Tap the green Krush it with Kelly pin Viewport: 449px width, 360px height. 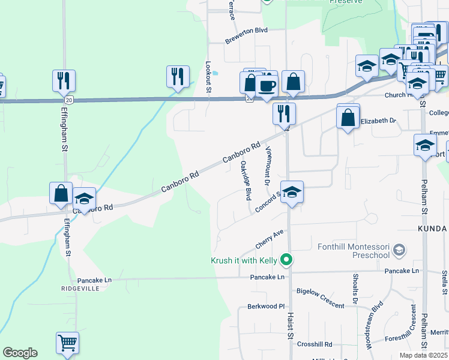287,260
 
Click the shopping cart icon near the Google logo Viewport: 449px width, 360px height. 67,344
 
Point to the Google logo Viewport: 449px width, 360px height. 20,353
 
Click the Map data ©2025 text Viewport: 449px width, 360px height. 423,355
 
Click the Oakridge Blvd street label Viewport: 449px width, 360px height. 245,180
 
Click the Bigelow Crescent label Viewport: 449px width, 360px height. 321,299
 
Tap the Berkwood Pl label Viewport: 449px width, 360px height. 265,306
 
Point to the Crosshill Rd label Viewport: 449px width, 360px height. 314,344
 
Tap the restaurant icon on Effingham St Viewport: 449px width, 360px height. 63,80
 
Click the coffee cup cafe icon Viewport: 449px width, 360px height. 267,85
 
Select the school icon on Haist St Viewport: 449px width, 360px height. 292,193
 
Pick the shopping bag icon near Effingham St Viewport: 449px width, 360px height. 61,193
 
